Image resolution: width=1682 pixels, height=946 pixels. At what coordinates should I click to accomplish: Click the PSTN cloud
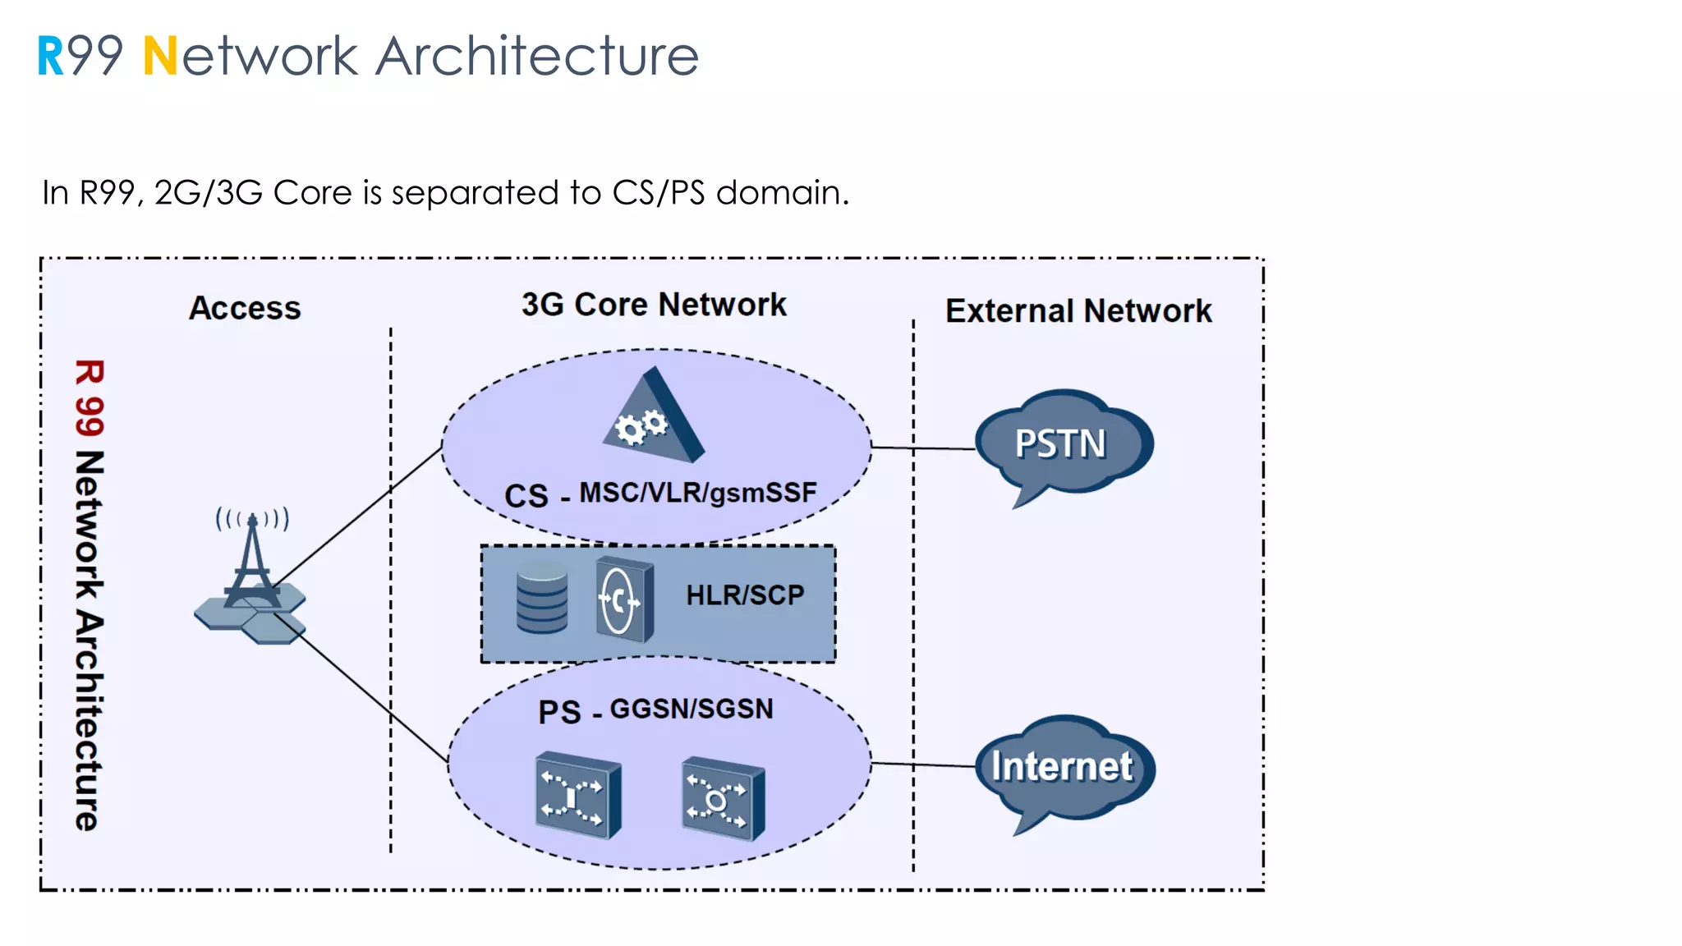[x=1061, y=443]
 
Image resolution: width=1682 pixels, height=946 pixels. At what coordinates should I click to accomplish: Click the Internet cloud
[x=1063, y=767]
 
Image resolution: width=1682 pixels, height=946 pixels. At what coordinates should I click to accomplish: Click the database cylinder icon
[x=541, y=599]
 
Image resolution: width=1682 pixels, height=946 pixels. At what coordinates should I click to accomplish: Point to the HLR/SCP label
[x=745, y=595]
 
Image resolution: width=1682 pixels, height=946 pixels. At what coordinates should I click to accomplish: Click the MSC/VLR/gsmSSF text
[x=698, y=493]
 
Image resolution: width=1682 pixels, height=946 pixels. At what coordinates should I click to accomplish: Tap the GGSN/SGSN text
[x=692, y=709]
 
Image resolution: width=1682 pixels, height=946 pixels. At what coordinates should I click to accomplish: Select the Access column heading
[x=245, y=308]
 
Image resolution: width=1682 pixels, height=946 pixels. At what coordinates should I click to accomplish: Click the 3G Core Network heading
[x=654, y=305]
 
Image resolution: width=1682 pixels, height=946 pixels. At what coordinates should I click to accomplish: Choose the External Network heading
[x=1078, y=311]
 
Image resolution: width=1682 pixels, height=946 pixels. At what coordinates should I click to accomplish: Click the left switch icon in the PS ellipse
[x=577, y=795]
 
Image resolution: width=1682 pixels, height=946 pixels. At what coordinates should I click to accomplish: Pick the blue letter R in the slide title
[x=50, y=57]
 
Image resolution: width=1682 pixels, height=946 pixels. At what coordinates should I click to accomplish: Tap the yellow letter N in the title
[x=159, y=57]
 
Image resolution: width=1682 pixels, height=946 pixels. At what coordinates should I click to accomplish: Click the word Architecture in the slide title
[x=537, y=57]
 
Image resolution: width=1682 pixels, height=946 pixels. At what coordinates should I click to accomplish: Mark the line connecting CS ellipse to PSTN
[x=923, y=448]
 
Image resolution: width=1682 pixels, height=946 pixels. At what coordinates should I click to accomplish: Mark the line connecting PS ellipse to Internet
[x=923, y=765]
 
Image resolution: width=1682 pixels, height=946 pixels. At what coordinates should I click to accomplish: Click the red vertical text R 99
[x=89, y=398]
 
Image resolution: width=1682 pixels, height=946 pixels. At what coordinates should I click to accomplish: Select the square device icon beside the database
[x=624, y=599]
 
